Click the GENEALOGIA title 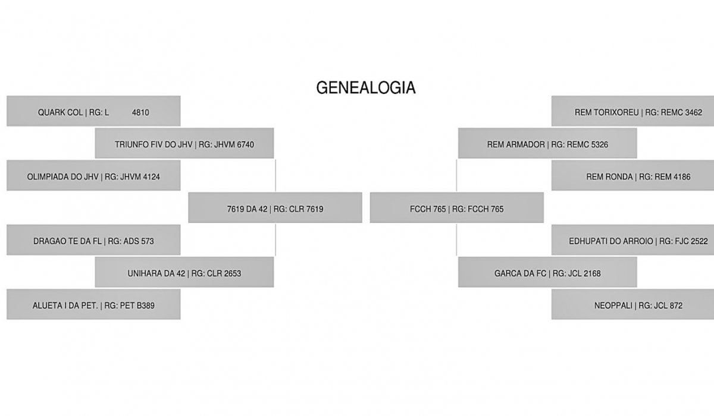366,87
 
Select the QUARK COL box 93,111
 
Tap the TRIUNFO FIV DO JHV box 184,143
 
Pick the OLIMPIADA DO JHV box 93,175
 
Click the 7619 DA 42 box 275,207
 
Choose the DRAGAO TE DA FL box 93,239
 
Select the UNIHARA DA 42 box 184,272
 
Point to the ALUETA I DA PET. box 93,304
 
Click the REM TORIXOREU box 632,111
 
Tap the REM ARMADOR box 547,143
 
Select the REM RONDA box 632,175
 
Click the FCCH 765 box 457,207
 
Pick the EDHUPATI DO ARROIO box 632,239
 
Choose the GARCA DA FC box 547,272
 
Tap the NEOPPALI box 632,304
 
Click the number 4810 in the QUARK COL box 140,113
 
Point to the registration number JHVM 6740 234,145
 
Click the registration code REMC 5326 587,145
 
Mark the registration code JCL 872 668,306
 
